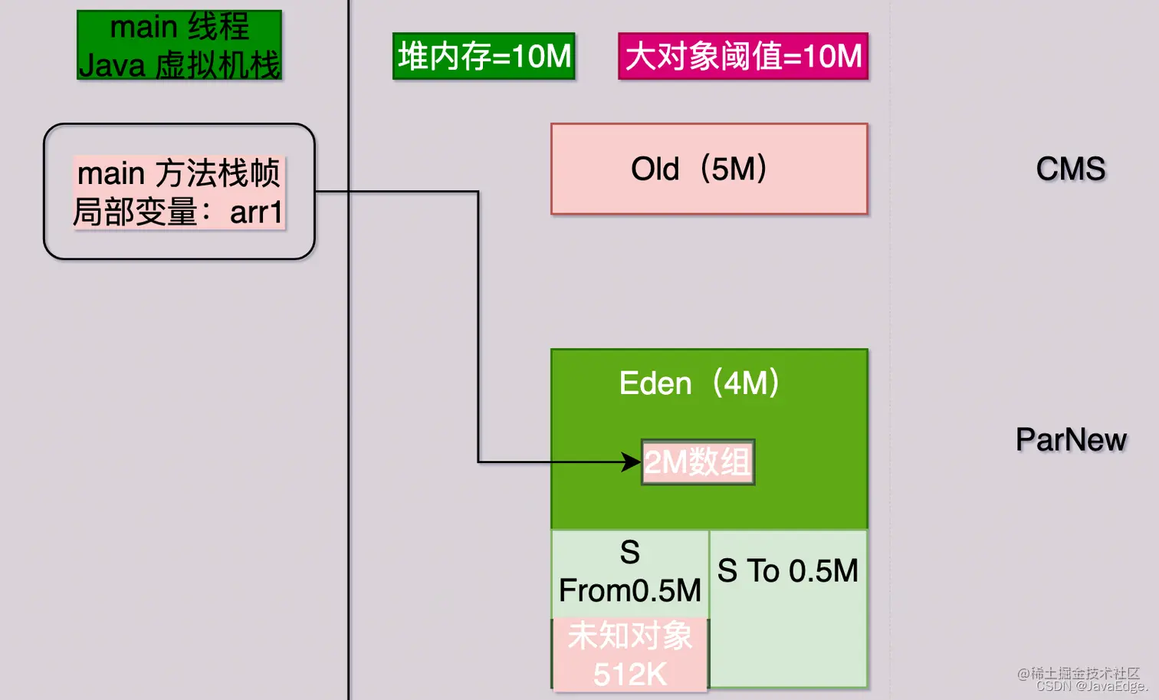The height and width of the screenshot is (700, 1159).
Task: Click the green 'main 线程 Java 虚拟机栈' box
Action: click(x=179, y=45)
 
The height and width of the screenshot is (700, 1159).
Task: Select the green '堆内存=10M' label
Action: click(x=484, y=56)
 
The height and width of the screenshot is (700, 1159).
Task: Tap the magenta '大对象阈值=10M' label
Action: click(x=743, y=56)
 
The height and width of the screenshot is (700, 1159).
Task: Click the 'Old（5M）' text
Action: click(x=699, y=169)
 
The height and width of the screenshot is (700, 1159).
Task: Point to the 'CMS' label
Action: click(x=1071, y=169)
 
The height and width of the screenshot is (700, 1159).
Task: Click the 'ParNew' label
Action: click(x=1071, y=440)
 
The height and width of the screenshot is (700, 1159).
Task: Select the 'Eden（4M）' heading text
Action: click(x=699, y=383)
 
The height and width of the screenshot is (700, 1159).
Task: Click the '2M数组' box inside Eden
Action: click(x=698, y=462)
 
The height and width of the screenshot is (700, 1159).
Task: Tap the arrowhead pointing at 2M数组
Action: click(x=632, y=462)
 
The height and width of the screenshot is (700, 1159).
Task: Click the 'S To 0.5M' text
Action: click(x=787, y=571)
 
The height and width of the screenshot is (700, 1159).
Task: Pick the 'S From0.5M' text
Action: click(x=630, y=572)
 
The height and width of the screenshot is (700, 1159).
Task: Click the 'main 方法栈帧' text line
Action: click(x=179, y=173)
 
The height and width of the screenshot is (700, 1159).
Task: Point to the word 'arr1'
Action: click(x=256, y=212)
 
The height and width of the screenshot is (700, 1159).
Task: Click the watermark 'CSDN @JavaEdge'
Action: click(x=1090, y=687)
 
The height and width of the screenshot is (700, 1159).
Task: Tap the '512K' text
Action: click(x=630, y=675)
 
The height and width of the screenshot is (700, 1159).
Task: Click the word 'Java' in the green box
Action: click(x=112, y=66)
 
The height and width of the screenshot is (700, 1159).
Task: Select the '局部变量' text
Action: click(x=136, y=212)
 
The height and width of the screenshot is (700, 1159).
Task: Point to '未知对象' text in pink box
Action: click(x=630, y=636)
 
